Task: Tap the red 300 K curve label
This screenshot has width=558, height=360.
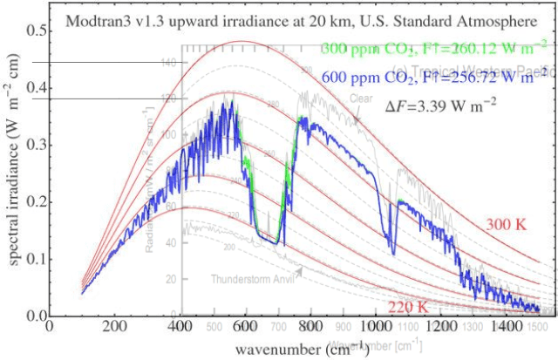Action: (x=507, y=225)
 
